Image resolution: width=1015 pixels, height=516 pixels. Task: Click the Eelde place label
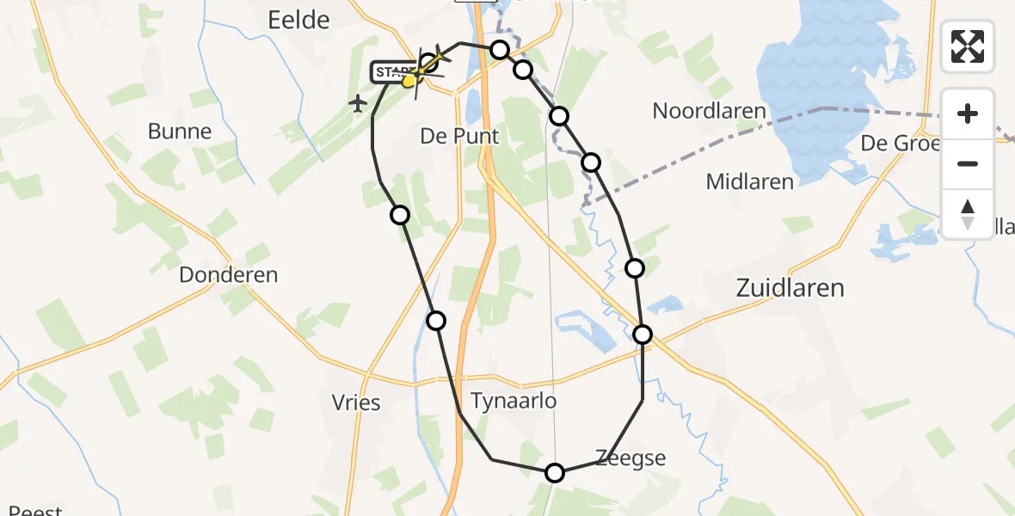click(298, 19)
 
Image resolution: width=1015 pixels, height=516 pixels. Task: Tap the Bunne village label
click(179, 132)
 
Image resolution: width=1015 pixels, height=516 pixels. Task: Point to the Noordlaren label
click(709, 111)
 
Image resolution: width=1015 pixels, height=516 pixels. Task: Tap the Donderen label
click(228, 275)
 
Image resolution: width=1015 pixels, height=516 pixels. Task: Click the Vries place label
click(355, 402)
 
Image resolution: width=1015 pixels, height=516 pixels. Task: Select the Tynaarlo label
click(514, 401)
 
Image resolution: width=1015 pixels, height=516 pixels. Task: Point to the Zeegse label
click(631, 458)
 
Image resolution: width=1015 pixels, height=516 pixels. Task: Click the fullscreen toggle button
click(968, 46)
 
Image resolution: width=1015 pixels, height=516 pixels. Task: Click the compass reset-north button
click(968, 213)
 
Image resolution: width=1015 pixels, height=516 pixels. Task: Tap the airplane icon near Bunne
click(358, 104)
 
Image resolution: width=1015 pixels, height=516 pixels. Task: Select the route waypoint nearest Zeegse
click(555, 472)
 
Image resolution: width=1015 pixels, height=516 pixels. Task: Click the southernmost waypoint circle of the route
click(555, 472)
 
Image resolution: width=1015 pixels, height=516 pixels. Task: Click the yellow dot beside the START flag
click(409, 81)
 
